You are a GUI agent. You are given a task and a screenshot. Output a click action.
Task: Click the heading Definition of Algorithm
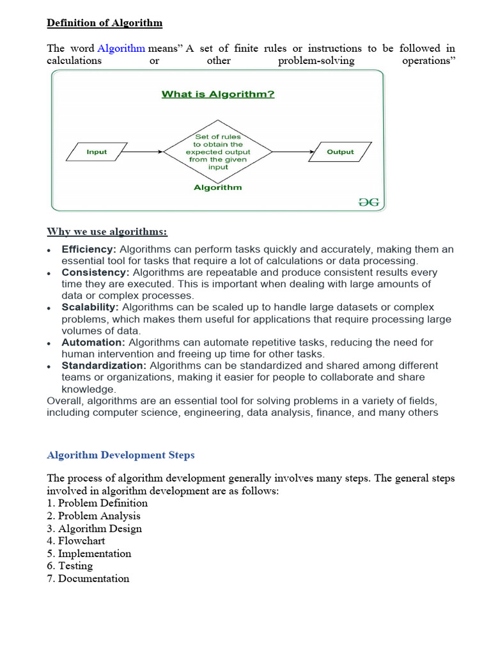(x=105, y=23)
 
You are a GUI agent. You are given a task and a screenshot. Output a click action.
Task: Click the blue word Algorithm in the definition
(x=121, y=49)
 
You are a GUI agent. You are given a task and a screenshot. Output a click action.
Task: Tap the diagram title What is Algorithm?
(x=218, y=95)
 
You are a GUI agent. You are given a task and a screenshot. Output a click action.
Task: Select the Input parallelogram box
(x=97, y=152)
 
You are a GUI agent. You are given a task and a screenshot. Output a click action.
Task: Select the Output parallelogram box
(x=340, y=152)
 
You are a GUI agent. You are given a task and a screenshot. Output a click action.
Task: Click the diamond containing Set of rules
(x=218, y=152)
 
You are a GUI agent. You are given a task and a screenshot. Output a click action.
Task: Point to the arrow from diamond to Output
(x=292, y=152)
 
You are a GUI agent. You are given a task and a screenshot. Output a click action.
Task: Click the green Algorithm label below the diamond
(x=218, y=187)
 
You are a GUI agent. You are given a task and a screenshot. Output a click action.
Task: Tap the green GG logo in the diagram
(x=368, y=201)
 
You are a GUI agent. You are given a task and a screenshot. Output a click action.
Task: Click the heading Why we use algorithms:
(x=107, y=231)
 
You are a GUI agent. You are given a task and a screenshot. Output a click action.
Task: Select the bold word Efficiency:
(x=89, y=249)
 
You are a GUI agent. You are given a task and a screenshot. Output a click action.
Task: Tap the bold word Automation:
(x=93, y=342)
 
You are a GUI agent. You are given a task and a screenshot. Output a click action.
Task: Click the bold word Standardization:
(x=104, y=365)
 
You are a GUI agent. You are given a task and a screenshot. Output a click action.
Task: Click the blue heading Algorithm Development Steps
(x=121, y=455)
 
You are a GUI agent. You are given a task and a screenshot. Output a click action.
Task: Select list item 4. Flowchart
(x=76, y=541)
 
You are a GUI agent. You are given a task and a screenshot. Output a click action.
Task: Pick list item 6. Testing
(x=70, y=566)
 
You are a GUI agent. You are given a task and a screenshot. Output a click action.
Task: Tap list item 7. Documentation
(x=88, y=579)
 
